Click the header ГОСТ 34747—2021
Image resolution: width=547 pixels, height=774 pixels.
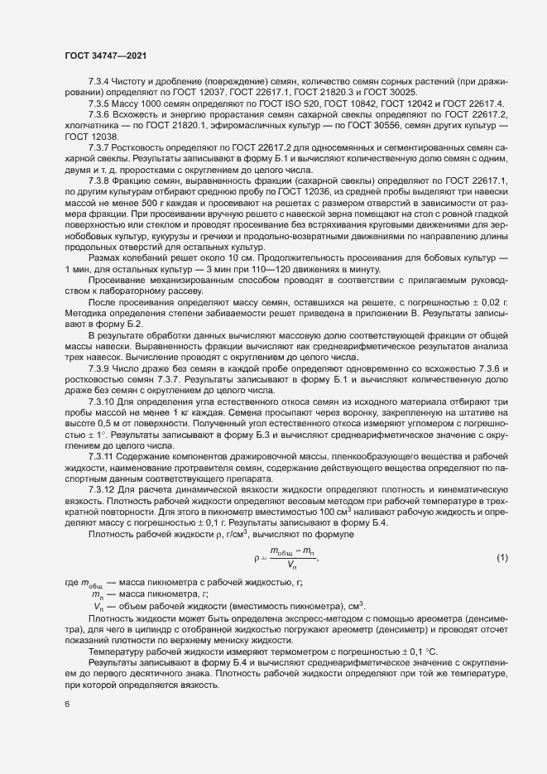tap(102, 55)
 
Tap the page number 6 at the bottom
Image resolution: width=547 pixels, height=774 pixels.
tap(67, 704)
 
